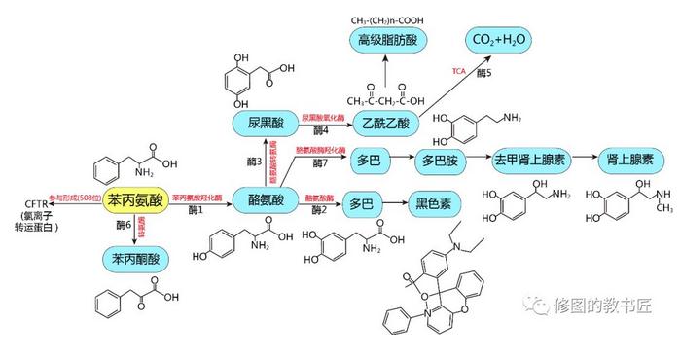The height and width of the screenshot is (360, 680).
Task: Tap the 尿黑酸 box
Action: (x=265, y=124)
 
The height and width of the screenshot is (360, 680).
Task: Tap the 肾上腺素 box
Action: (x=628, y=159)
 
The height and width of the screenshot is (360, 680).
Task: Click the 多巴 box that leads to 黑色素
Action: (x=361, y=203)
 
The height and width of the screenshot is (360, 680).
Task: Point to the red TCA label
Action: (x=459, y=70)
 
